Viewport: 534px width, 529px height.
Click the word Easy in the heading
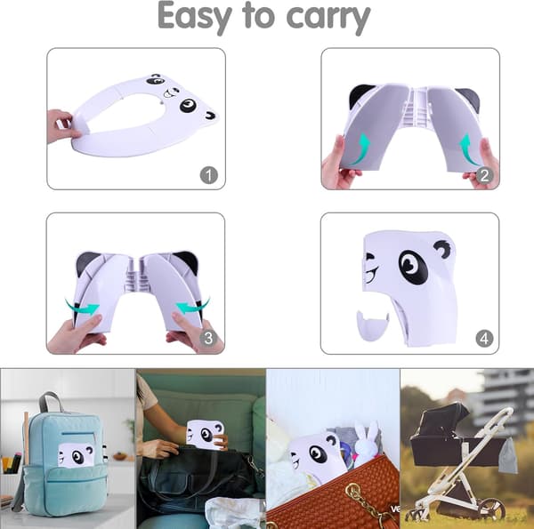(194, 16)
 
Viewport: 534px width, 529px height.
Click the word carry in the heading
(328, 19)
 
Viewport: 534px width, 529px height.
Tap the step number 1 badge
(209, 175)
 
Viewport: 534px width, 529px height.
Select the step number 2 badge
(484, 175)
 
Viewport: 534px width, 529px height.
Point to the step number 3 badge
(208, 338)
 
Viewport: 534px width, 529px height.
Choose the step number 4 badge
(484, 339)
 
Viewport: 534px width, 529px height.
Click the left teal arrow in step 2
(361, 150)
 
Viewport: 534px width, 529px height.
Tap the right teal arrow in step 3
(193, 306)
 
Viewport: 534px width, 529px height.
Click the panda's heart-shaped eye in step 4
(413, 267)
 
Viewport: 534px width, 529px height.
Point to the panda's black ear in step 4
(445, 248)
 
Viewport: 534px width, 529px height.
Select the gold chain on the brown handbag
(361, 501)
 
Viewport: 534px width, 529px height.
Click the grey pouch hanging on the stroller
(508, 455)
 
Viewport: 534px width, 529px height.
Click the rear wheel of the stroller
(491, 509)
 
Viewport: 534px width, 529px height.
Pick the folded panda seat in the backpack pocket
(76, 454)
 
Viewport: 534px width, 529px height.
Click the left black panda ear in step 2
(360, 95)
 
